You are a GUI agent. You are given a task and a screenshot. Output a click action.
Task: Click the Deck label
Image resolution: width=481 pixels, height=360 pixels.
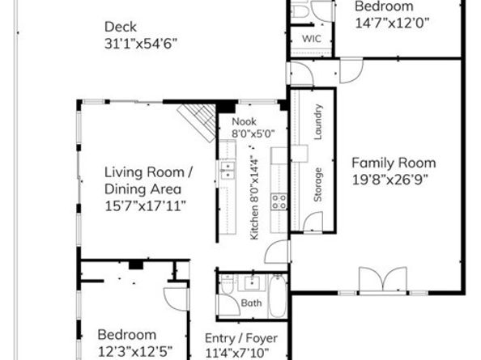point(119,26)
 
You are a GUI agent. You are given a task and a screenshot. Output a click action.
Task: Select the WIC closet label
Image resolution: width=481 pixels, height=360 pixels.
point(312,39)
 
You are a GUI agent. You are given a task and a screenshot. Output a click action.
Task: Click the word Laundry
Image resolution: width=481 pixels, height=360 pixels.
point(318,122)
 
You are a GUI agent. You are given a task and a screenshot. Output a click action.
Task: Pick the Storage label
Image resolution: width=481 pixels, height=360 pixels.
point(318,184)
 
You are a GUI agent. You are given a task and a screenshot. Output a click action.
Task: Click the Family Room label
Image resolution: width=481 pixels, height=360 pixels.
point(393,162)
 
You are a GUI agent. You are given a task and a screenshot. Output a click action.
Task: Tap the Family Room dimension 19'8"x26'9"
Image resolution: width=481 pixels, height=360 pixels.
point(393,179)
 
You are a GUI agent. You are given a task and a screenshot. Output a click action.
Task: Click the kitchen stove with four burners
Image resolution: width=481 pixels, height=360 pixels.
point(279,201)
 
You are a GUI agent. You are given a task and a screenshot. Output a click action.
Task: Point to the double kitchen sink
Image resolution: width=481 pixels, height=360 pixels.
point(228,169)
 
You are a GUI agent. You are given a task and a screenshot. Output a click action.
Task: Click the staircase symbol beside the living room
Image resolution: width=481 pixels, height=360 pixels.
point(198,121)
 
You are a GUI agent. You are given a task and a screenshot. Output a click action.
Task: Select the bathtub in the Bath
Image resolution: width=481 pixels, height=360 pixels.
point(276,296)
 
